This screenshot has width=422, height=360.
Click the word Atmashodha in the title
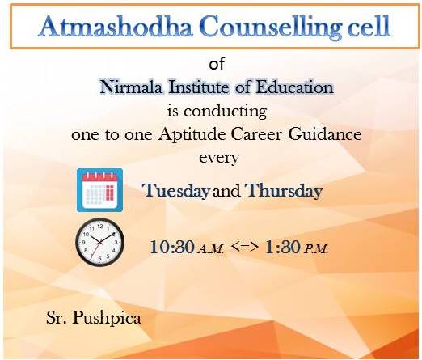(115, 26)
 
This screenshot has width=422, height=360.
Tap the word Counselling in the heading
(270, 28)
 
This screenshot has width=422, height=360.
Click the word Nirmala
(131, 87)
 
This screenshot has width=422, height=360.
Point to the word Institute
(200, 87)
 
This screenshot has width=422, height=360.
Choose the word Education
(294, 87)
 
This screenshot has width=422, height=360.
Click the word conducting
(226, 112)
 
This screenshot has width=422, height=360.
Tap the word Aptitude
(192, 134)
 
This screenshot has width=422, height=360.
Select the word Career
(256, 134)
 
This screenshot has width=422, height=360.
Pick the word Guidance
(325, 134)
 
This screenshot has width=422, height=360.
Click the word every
(219, 158)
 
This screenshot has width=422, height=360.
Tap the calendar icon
(99, 190)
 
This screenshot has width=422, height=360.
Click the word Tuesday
(176, 190)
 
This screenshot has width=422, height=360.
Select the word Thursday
(284, 190)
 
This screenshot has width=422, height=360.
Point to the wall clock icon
(99, 242)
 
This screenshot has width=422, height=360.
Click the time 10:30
(172, 247)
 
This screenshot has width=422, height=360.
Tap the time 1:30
(282, 247)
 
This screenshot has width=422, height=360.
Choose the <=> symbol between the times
(245, 246)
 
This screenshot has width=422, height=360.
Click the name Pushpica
(107, 318)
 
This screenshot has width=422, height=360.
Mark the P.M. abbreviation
(316, 249)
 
